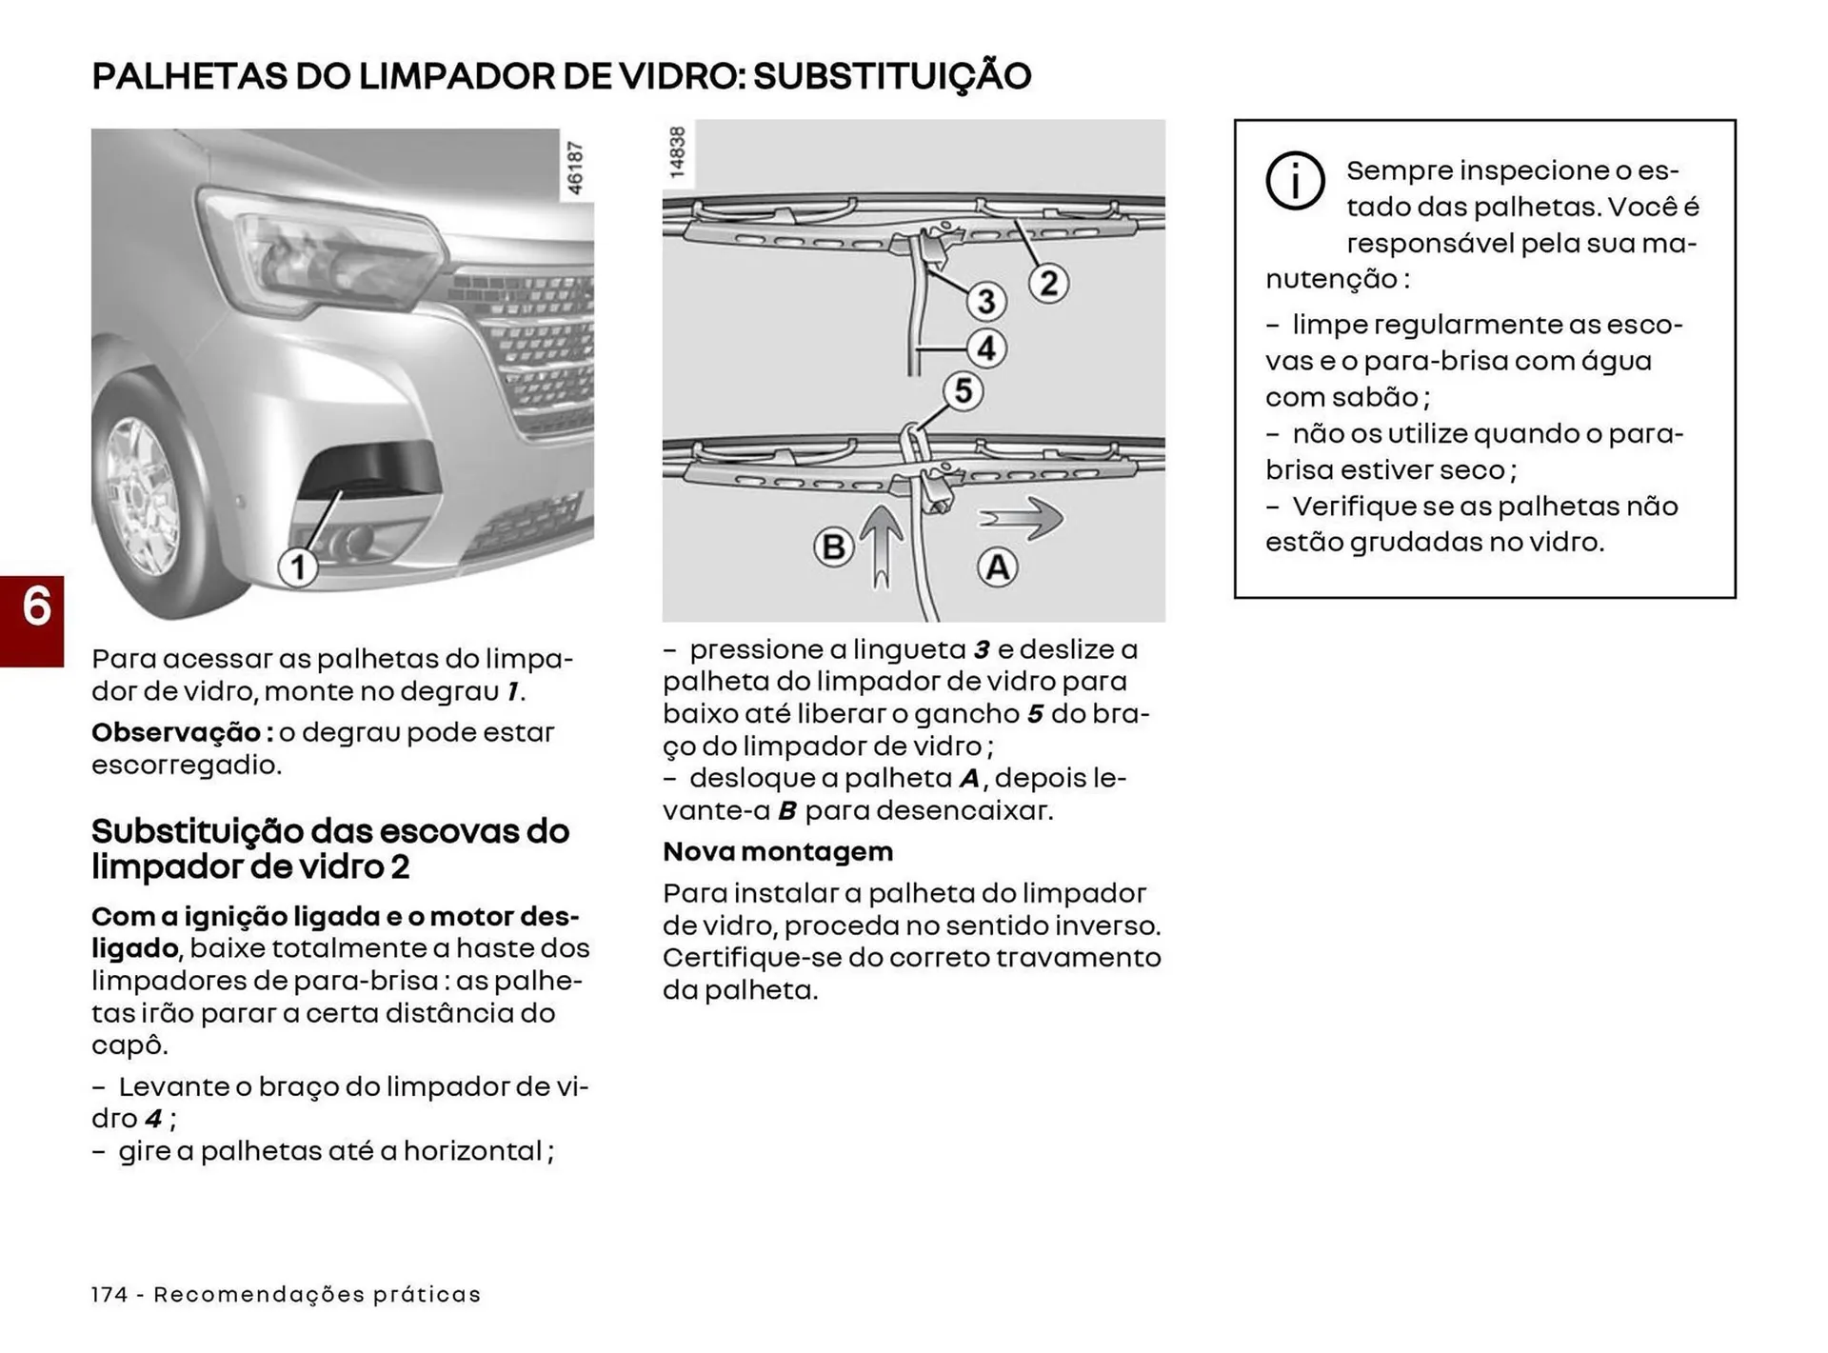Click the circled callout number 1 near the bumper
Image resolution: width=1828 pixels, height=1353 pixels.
(x=298, y=567)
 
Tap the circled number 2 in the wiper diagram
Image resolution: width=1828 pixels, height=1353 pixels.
(x=1048, y=283)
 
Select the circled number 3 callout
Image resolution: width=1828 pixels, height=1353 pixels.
(x=986, y=301)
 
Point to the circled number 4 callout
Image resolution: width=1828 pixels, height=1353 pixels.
(x=986, y=348)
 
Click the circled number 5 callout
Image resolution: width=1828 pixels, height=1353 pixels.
(x=963, y=390)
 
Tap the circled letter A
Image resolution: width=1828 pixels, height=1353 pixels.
(x=997, y=567)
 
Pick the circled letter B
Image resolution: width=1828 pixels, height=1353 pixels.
(x=833, y=547)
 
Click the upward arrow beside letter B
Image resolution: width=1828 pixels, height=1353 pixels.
(x=883, y=547)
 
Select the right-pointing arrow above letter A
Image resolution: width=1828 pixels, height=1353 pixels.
(x=1023, y=518)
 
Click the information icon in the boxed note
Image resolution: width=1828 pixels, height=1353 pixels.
(x=1295, y=180)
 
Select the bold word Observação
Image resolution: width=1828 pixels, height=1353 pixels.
(x=176, y=732)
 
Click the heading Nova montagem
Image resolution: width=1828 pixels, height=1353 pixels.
(x=778, y=851)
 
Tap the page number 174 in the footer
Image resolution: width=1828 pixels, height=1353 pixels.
(x=109, y=1294)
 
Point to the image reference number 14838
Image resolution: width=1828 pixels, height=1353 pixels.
(x=677, y=152)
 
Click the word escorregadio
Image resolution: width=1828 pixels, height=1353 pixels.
(x=186, y=765)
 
